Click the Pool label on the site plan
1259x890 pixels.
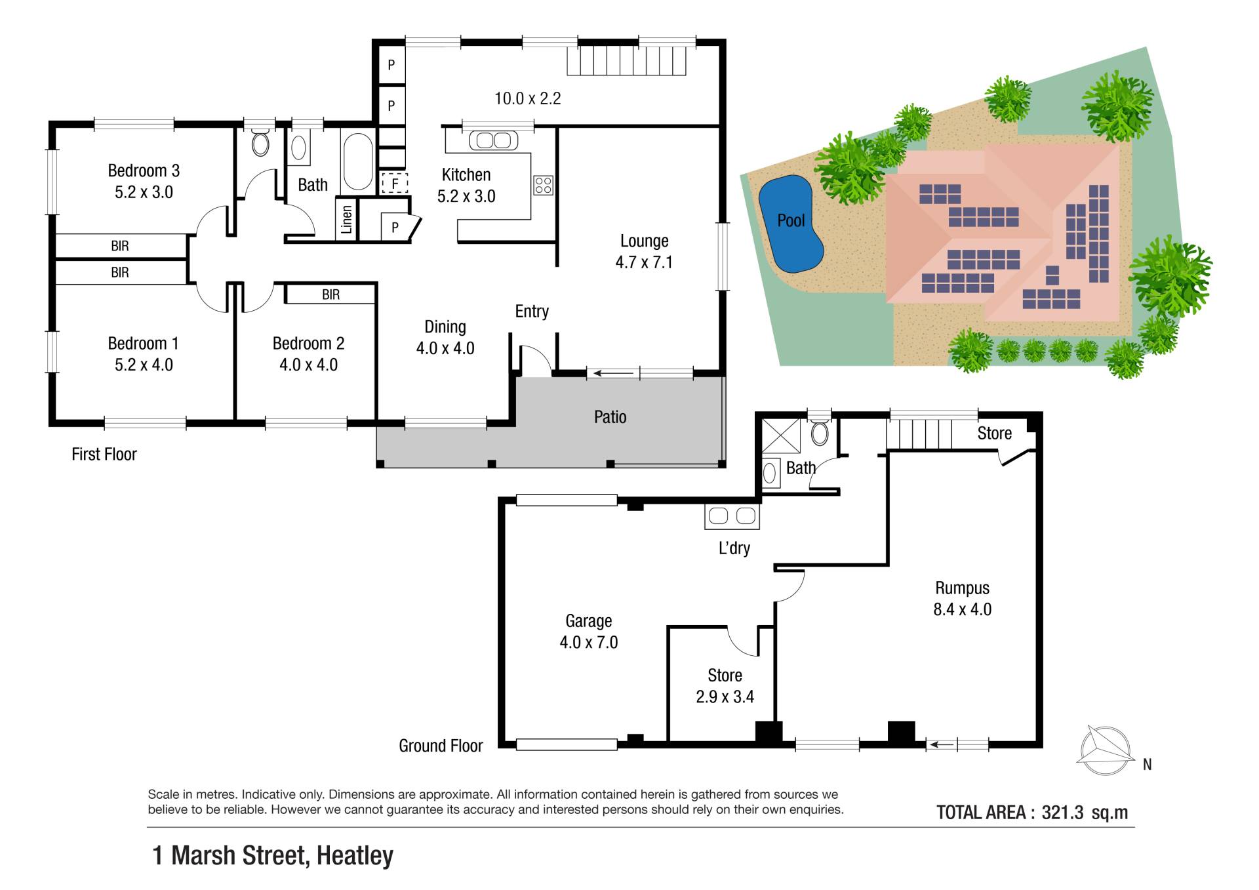(791, 220)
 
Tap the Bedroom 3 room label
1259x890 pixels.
(144, 171)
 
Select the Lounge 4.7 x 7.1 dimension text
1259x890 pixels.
(644, 262)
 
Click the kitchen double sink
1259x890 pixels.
(494, 140)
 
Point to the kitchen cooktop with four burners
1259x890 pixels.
(543, 185)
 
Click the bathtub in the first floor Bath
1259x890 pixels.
(358, 161)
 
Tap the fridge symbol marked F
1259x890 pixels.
(395, 183)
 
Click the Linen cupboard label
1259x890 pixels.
(347, 219)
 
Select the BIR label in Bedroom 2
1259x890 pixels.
(330, 294)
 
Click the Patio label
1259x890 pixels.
(610, 417)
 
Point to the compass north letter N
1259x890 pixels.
(1147, 764)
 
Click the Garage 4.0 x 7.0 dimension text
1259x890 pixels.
(589, 642)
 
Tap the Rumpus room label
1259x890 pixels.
(962, 588)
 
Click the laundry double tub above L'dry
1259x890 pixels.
(732, 516)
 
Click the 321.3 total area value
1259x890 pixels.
(1062, 813)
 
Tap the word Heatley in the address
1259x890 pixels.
(355, 855)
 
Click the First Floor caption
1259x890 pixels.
(104, 454)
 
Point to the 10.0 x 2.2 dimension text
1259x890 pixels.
(527, 98)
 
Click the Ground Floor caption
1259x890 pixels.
(441, 746)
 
